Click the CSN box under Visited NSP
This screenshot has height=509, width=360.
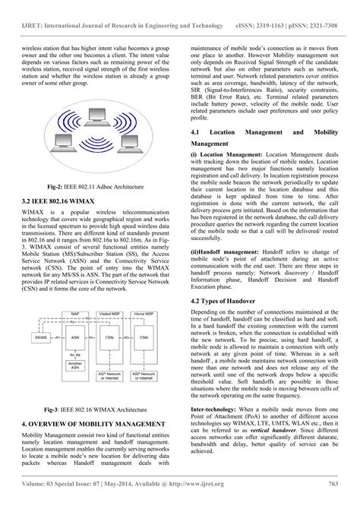(109, 337)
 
